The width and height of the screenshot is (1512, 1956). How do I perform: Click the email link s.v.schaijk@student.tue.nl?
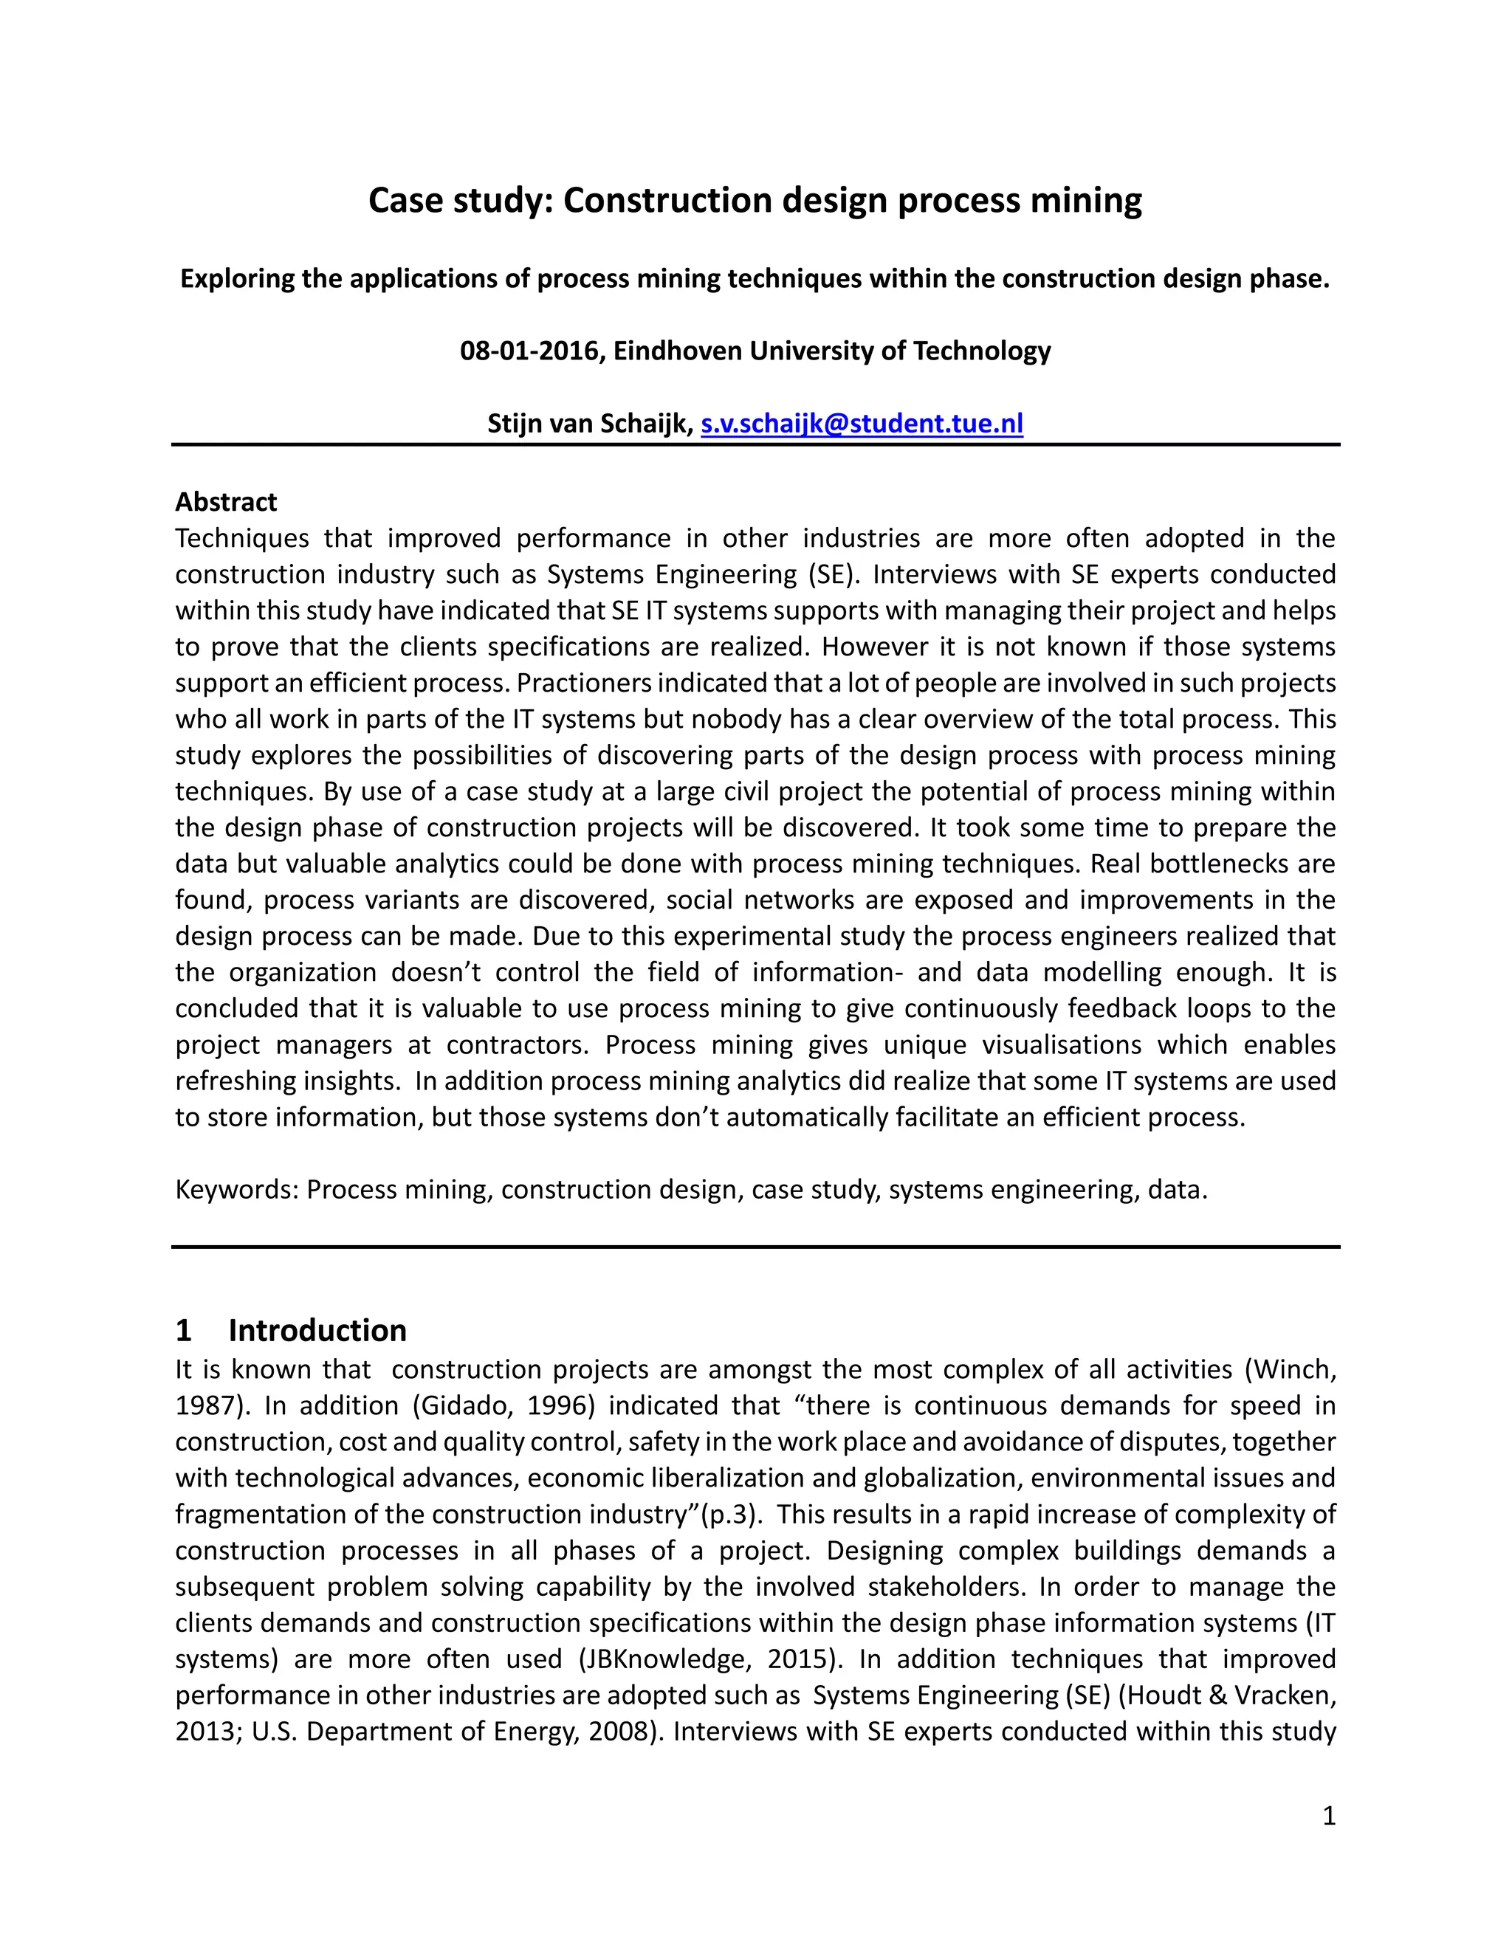(861, 424)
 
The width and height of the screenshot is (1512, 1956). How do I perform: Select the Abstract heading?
(226, 501)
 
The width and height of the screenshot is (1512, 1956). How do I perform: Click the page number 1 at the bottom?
(1328, 1816)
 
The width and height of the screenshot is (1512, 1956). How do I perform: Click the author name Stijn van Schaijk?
(589, 424)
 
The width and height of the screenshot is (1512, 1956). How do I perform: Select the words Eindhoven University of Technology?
(831, 351)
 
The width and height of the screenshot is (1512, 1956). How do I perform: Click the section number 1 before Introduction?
(184, 1331)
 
